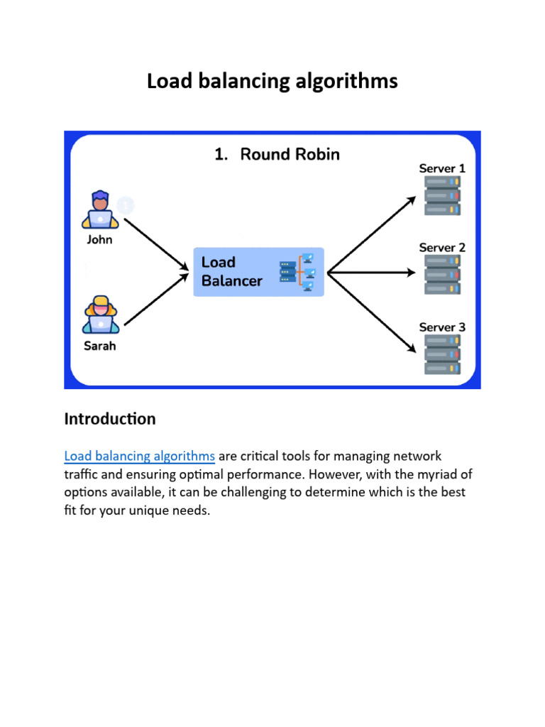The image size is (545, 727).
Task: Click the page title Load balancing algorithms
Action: [x=272, y=82]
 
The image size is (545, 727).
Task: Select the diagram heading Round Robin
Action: [x=277, y=154]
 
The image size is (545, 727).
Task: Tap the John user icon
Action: [x=99, y=210]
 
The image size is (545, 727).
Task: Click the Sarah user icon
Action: [x=99, y=315]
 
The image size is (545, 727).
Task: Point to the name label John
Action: [x=99, y=239]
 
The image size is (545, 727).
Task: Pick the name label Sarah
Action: [x=99, y=346]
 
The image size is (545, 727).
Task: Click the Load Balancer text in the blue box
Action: [x=231, y=272]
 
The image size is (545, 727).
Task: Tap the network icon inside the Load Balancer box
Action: [x=297, y=272]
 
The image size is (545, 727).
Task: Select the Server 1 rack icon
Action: [x=442, y=196]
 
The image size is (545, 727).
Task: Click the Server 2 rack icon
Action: [x=442, y=275]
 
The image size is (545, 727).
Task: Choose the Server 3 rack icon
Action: [x=442, y=354]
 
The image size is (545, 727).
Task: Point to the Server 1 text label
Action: [x=442, y=168]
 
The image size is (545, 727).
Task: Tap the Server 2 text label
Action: [x=442, y=248]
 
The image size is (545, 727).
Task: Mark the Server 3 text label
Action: [x=442, y=327]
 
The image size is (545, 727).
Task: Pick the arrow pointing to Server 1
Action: [x=371, y=235]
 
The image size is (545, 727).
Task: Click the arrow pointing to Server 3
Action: [x=371, y=312]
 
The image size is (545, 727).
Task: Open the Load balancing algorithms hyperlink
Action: [x=140, y=456]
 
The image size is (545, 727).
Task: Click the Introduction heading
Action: [x=110, y=419]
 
